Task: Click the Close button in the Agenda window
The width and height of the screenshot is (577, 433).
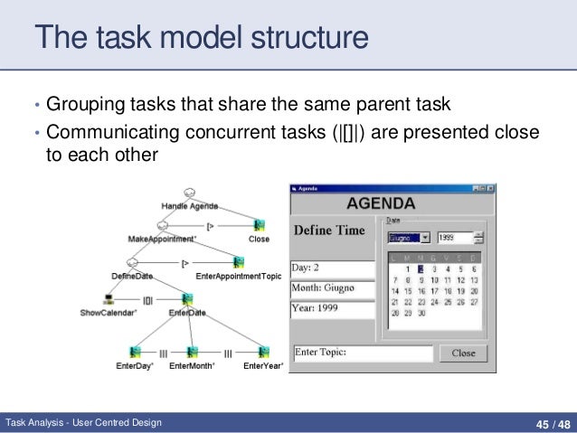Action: [x=463, y=353]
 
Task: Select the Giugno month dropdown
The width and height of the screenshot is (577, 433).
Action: [x=409, y=238]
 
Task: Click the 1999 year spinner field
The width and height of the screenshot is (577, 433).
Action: [x=456, y=238]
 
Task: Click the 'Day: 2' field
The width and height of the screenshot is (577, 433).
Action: [x=332, y=268]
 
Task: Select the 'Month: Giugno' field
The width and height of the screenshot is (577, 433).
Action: [x=332, y=288]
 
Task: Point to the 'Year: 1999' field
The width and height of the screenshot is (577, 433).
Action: [x=332, y=308]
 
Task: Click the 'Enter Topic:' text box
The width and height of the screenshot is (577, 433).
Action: [x=362, y=352]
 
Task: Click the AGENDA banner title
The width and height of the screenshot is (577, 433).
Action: [x=381, y=203]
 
